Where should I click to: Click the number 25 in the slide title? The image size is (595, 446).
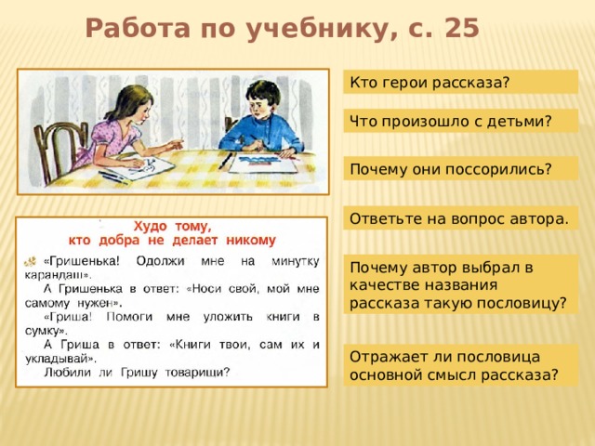click(x=462, y=29)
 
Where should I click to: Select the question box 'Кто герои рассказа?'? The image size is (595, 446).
click(x=461, y=82)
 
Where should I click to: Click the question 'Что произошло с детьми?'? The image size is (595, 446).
click(x=461, y=121)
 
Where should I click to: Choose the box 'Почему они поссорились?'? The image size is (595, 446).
click(x=461, y=169)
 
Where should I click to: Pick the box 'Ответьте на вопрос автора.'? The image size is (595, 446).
click(x=461, y=218)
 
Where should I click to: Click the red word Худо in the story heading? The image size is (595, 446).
click(x=151, y=226)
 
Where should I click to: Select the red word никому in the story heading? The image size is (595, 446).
click(x=251, y=240)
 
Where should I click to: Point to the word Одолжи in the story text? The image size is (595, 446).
click(x=160, y=261)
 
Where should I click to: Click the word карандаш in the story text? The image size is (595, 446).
click(x=56, y=275)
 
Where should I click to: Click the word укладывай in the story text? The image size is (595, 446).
click(x=57, y=359)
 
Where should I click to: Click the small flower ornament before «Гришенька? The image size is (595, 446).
click(x=31, y=261)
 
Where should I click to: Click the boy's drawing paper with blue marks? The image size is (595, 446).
click(x=262, y=164)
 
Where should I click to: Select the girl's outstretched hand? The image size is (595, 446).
click(x=175, y=144)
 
